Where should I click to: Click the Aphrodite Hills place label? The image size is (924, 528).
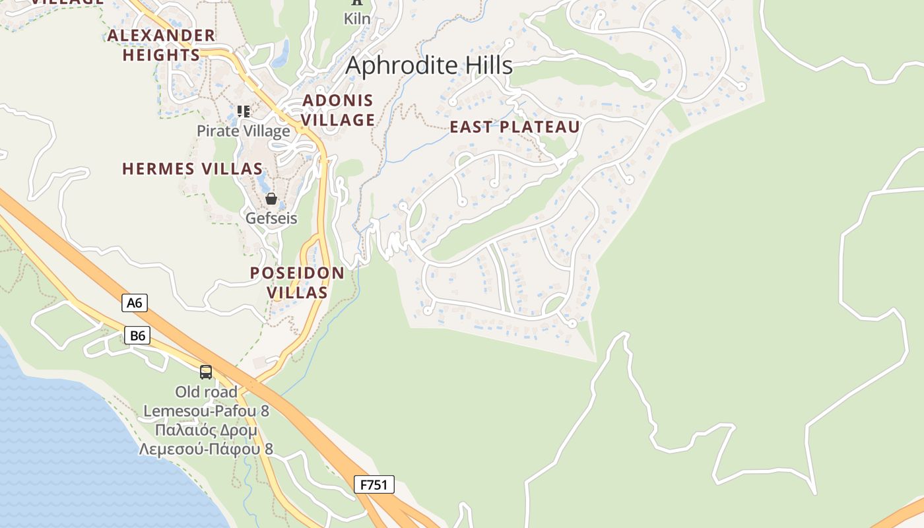(429, 65)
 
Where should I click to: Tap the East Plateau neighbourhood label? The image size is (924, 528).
(515, 127)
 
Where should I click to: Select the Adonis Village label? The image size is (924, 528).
(339, 110)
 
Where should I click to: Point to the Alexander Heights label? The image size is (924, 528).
(162, 45)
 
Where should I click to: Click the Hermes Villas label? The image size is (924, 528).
(193, 169)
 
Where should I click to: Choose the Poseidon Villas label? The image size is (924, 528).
(297, 282)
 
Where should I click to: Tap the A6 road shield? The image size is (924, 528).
(135, 303)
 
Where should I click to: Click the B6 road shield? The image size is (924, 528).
(137, 335)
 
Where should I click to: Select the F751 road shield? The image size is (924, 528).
(374, 484)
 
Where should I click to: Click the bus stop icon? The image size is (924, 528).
(206, 372)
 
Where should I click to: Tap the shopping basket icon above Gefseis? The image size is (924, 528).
(271, 199)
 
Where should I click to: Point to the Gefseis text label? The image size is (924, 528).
(271, 218)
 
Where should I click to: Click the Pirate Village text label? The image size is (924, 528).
(244, 131)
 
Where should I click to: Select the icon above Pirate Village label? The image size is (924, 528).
(244, 111)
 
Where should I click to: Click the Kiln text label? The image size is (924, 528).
(357, 18)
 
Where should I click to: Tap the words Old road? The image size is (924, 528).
(206, 392)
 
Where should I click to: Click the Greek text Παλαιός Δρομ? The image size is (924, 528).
(206, 430)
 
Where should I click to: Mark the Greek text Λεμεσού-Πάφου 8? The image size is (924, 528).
(206, 449)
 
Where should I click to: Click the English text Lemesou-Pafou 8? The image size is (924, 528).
(206, 411)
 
